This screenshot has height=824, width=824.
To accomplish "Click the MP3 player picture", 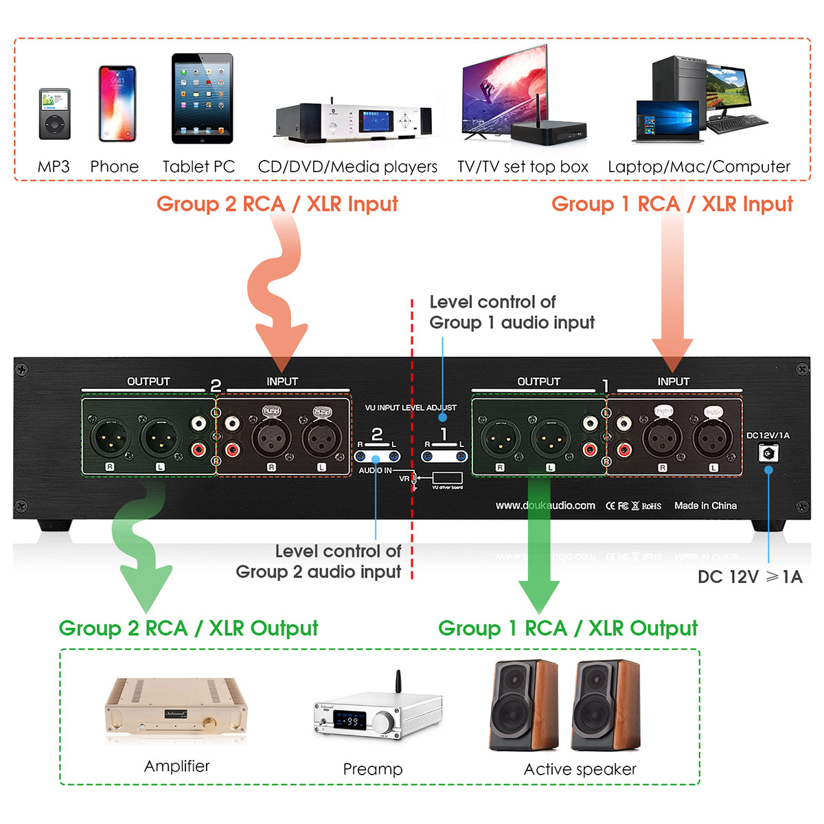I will click(x=54, y=114).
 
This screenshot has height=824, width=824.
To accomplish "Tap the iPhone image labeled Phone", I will click(x=117, y=104).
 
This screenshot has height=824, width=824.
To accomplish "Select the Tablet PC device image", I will click(x=202, y=99).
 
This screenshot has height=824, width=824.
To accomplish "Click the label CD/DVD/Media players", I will click(x=347, y=167).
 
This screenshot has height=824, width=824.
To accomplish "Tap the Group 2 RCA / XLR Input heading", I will click(x=277, y=204).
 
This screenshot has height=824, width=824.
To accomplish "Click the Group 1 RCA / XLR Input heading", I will click(x=672, y=204).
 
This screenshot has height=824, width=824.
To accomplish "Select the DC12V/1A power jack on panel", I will click(x=768, y=453).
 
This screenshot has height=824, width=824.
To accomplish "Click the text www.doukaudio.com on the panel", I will click(x=545, y=505).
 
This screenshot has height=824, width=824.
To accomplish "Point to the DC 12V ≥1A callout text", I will click(x=750, y=577).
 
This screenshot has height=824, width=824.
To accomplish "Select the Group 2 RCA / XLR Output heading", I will click(x=188, y=628).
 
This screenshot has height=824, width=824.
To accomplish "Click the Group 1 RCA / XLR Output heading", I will click(x=567, y=628).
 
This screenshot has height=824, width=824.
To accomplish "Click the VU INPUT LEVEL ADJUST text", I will click(x=410, y=408).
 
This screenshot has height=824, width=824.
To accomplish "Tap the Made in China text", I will click(x=705, y=505).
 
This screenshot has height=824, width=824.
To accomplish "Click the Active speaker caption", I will click(x=580, y=769).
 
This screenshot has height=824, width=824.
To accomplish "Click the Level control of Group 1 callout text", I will click(x=511, y=312).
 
